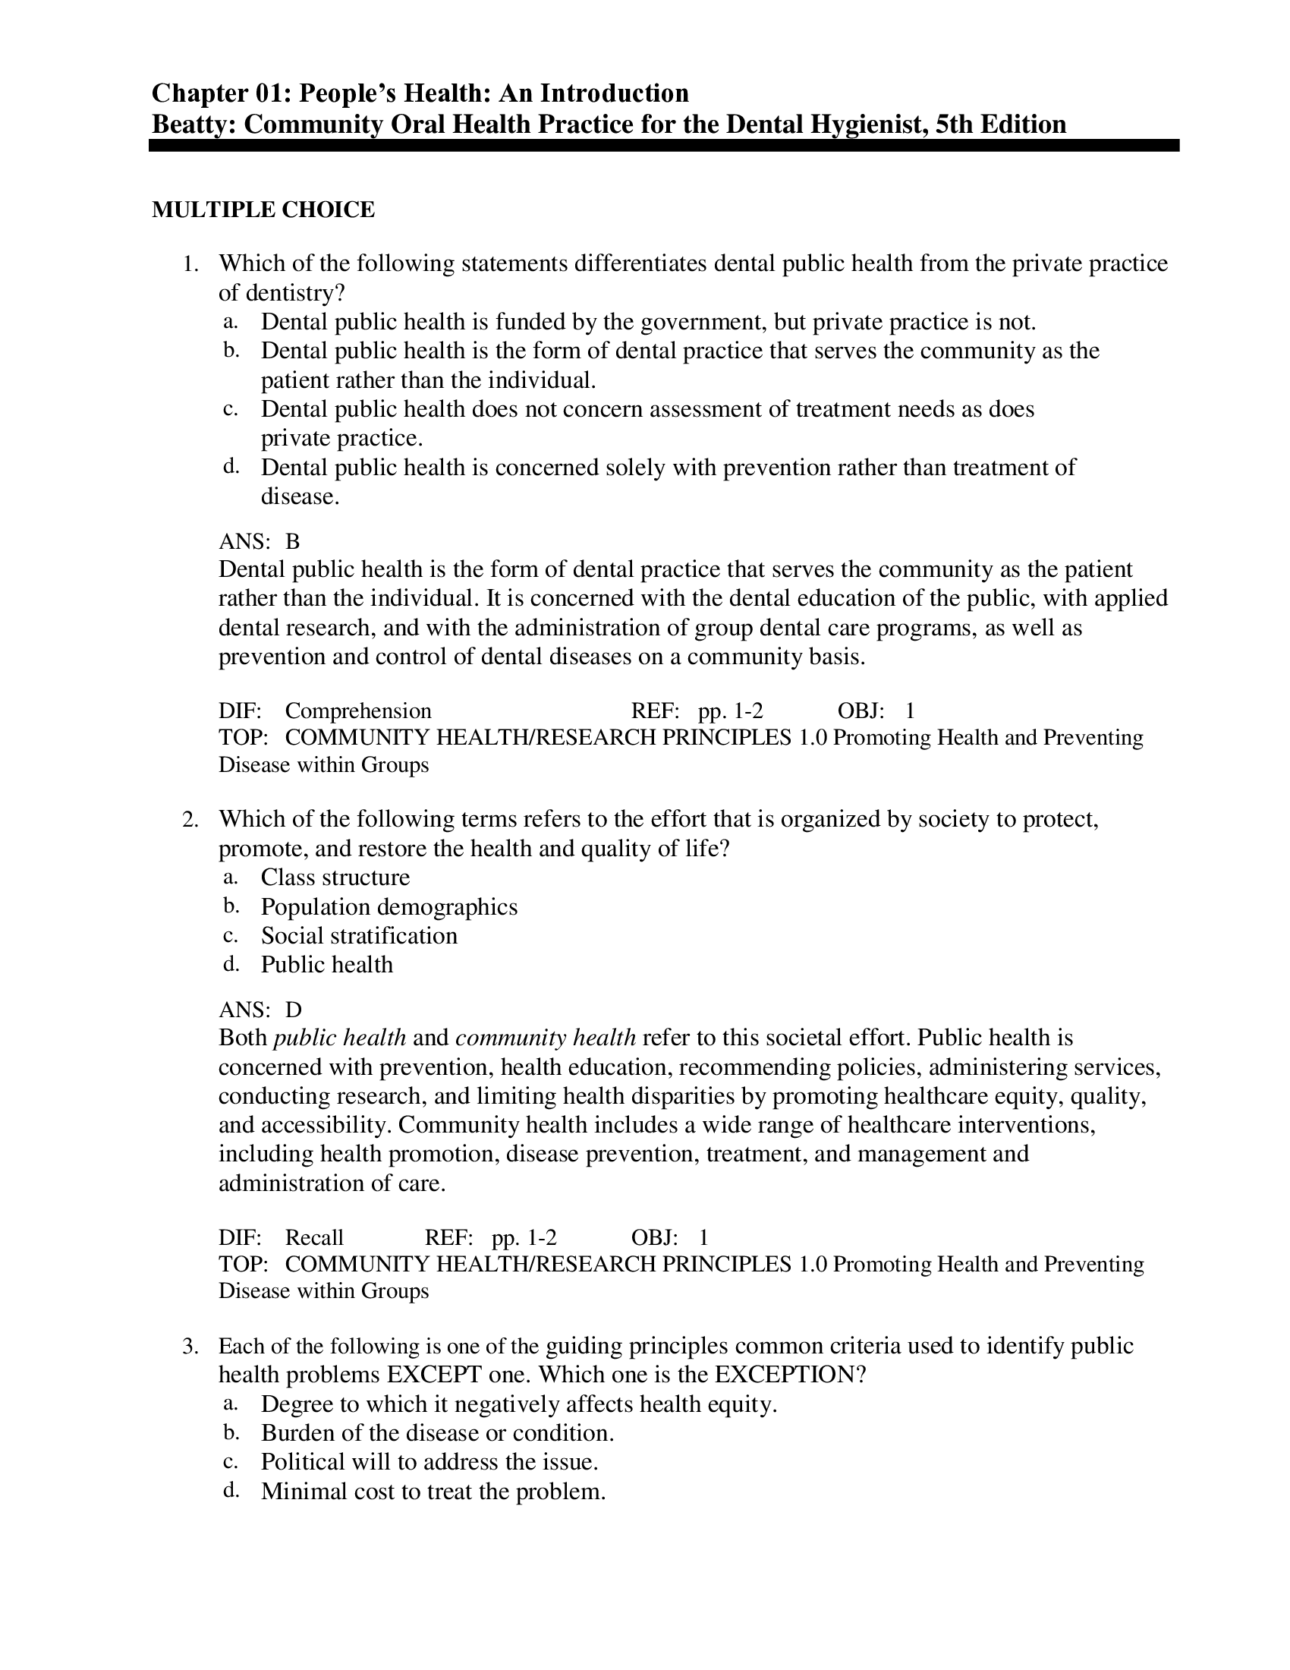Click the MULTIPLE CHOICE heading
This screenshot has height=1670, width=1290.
(x=263, y=210)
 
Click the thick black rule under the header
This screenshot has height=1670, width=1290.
(x=663, y=145)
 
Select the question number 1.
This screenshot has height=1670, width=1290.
(x=190, y=264)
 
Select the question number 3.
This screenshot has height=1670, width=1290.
(x=190, y=1346)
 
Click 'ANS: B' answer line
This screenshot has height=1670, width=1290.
(x=259, y=541)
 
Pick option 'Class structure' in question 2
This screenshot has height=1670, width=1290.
(x=335, y=877)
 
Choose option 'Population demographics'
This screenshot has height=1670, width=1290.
(x=389, y=907)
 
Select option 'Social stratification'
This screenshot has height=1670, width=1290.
(x=359, y=936)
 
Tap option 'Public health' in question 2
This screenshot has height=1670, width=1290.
(x=326, y=965)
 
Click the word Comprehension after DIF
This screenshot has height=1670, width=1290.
(x=357, y=711)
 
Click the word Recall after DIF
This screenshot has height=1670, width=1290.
(x=314, y=1237)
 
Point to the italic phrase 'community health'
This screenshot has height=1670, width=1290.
(x=546, y=1038)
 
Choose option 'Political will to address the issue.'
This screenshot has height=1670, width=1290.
(x=429, y=1462)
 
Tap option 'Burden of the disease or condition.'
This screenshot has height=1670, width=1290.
(x=437, y=1433)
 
